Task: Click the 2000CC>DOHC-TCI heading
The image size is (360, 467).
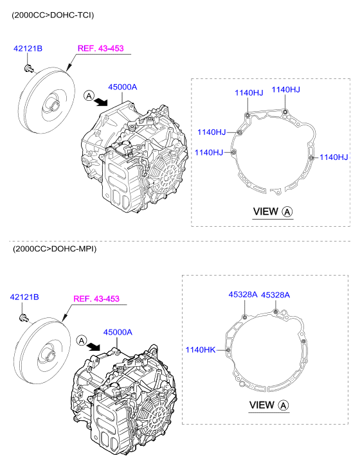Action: click(x=53, y=15)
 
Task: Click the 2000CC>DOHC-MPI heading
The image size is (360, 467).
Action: click(x=55, y=249)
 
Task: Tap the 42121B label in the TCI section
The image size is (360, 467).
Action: click(x=28, y=48)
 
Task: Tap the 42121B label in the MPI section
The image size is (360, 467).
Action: click(x=24, y=297)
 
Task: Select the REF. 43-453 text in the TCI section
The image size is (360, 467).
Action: click(x=101, y=48)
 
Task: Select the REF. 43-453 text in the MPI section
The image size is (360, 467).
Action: click(x=96, y=299)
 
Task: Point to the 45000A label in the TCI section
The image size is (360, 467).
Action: click(x=123, y=87)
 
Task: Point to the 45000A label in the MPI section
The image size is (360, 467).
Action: click(x=118, y=332)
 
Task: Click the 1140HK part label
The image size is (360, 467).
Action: click(x=201, y=349)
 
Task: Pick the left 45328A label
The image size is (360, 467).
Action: click(x=243, y=295)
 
